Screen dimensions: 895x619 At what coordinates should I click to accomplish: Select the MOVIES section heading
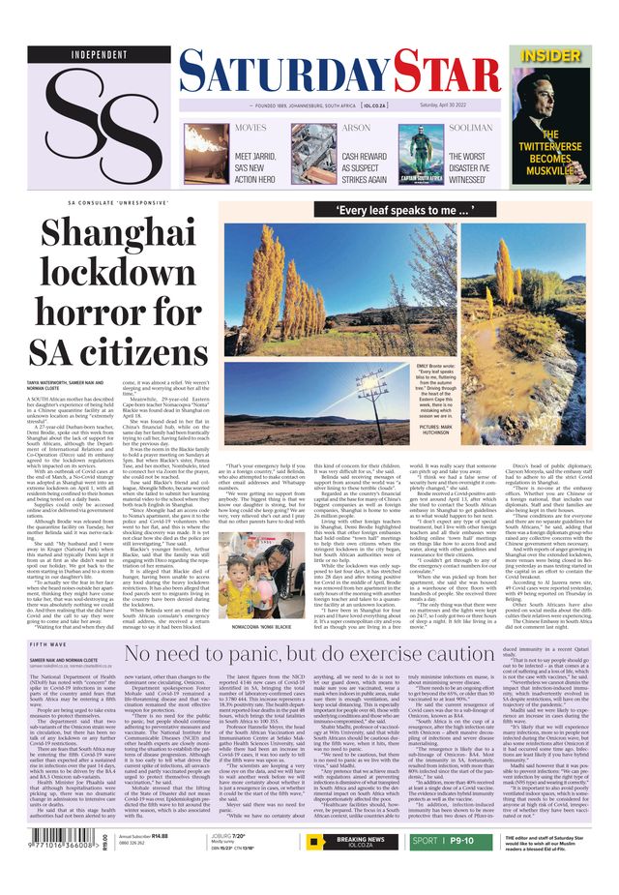point(251,128)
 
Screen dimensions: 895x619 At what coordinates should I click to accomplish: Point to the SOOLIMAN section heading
point(471,128)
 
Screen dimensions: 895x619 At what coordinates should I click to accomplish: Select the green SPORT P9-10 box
point(454,841)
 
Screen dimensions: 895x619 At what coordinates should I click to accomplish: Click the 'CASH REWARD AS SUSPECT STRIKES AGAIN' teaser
point(364,167)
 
